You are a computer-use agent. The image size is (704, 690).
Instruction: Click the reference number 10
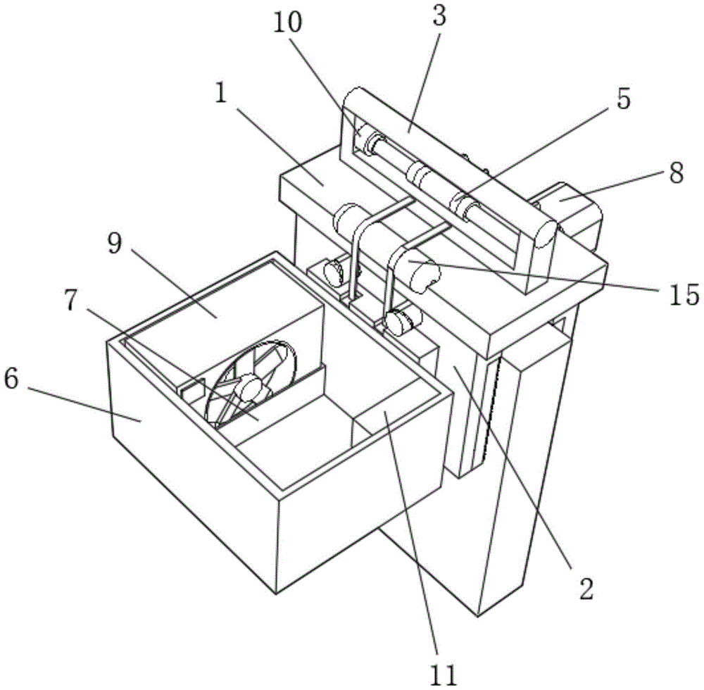point(289,23)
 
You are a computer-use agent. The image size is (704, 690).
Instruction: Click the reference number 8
point(677,174)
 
